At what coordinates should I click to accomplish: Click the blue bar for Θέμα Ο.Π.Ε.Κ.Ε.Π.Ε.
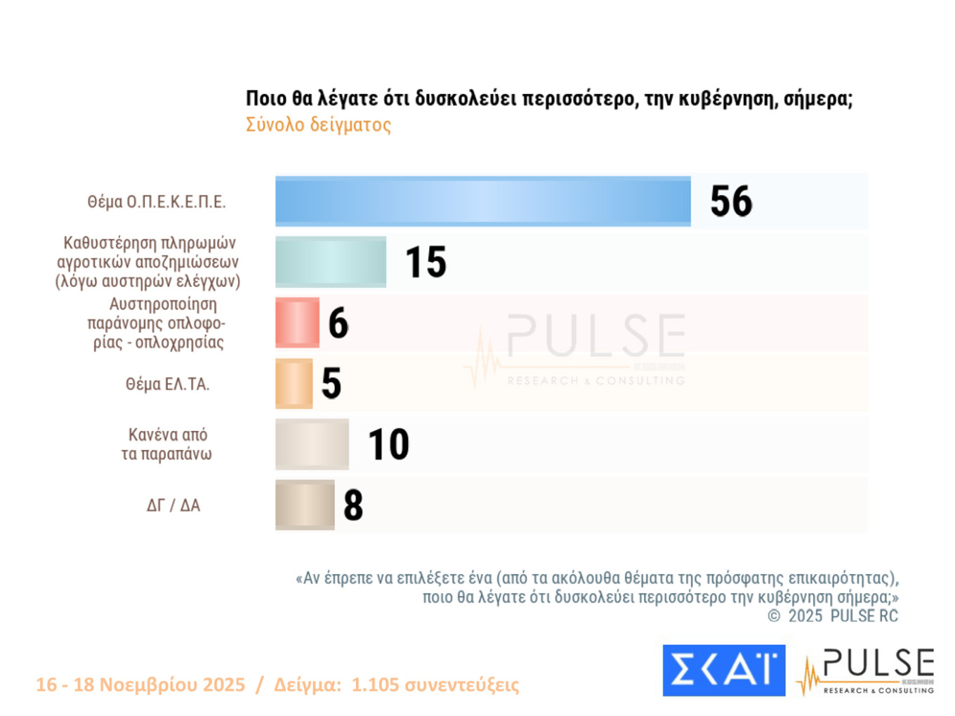pos(483,201)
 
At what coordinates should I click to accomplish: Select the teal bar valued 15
pos(331,262)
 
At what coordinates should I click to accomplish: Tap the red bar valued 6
pos(297,323)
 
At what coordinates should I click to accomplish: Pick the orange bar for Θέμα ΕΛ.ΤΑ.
pos(294,383)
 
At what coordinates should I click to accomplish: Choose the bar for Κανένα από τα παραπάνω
pos(312,444)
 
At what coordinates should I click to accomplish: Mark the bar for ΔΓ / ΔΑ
pos(305,505)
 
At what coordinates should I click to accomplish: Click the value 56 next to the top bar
pos(731,201)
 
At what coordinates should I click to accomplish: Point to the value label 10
pos(388,444)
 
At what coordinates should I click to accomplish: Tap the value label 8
pos(353,505)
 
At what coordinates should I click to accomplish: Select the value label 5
pos(331,383)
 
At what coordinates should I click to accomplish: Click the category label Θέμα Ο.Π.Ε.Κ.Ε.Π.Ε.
pos(157,202)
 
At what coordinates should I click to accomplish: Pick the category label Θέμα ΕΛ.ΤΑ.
pos(167,384)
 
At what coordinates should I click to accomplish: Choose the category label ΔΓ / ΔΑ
pos(173,505)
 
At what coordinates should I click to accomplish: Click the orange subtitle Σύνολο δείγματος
pos(318,125)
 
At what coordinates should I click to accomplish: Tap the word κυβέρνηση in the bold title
pos(727,99)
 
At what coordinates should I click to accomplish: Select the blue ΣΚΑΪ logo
pos(723,670)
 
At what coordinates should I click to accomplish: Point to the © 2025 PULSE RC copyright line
pos(833,616)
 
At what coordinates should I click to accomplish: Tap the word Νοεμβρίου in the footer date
pos(172,684)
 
